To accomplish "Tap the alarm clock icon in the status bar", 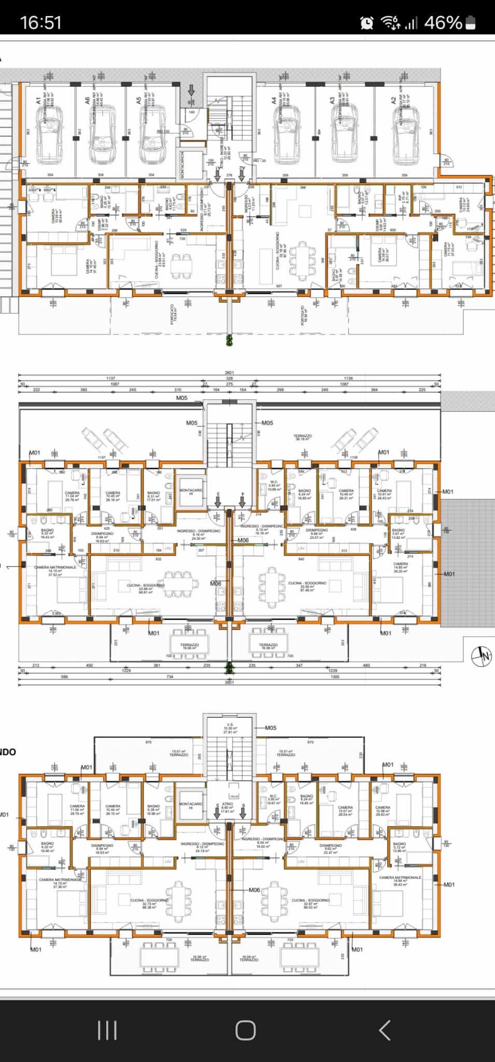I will pyautogui.click(x=367, y=22).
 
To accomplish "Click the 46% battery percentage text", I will pyautogui.click(x=443, y=22).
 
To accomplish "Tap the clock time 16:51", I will pyautogui.click(x=40, y=22).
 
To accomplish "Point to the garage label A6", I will pyautogui.click(x=88, y=100).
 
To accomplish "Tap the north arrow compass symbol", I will pyautogui.click(x=481, y=655).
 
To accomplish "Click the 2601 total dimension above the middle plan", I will pyautogui.click(x=229, y=373).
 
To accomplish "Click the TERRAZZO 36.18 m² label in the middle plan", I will pyautogui.click(x=302, y=437).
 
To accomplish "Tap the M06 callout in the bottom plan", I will pyautogui.click(x=254, y=890).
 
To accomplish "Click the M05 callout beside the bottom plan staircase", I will pyautogui.click(x=271, y=728).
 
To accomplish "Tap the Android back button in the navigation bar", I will pyautogui.click(x=384, y=1030).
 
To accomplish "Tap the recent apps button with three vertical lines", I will pyautogui.click(x=107, y=1030).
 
